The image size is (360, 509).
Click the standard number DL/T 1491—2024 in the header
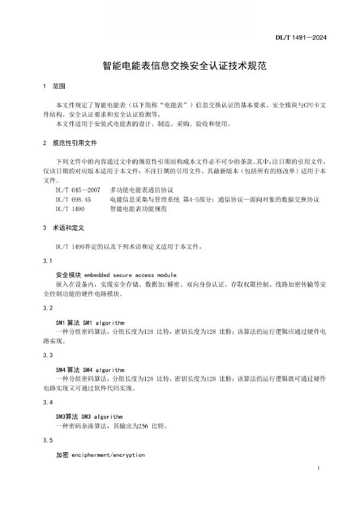308,37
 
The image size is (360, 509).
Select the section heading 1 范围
54,86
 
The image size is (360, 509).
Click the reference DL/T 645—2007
77,190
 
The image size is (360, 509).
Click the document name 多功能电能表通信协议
141,190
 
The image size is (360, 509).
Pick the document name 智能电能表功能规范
138,209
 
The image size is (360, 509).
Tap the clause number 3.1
47,262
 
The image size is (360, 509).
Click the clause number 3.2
47,308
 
